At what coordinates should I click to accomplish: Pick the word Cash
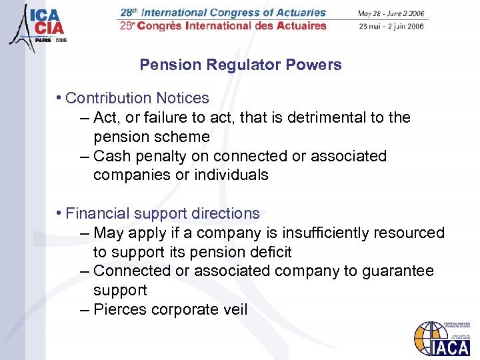coord(110,156)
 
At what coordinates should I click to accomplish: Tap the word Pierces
coord(121,309)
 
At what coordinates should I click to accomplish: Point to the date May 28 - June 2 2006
coord(391,13)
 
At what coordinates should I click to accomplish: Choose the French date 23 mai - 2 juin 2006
coord(391,27)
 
